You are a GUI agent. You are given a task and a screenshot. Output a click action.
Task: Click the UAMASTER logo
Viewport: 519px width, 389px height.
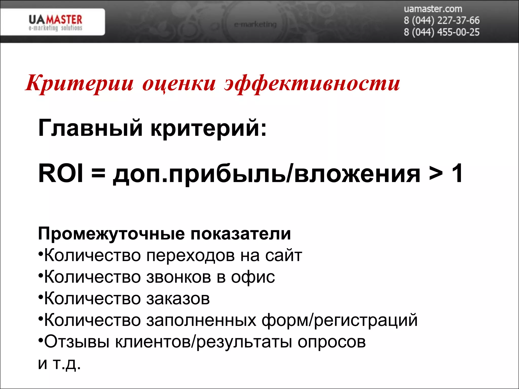(55, 23)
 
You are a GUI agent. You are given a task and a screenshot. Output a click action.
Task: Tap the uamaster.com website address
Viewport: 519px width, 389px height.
(433, 9)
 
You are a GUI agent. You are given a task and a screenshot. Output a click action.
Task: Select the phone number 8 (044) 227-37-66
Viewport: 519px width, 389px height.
(441, 21)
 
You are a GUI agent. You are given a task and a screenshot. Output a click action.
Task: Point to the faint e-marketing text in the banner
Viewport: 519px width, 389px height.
(255, 25)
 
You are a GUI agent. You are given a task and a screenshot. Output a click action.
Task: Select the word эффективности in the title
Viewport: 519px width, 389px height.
(312, 84)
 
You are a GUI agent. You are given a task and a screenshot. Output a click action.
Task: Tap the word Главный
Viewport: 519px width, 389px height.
(90, 128)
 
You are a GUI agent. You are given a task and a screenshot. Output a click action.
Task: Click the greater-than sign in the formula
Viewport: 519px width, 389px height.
(436, 174)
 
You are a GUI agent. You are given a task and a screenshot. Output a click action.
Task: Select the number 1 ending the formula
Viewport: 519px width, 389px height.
(457, 173)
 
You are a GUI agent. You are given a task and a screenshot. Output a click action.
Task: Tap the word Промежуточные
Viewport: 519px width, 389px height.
(111, 234)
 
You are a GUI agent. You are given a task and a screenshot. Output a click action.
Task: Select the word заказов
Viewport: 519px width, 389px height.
(178, 299)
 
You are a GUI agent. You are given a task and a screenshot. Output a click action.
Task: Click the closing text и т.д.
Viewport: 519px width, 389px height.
(59, 364)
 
